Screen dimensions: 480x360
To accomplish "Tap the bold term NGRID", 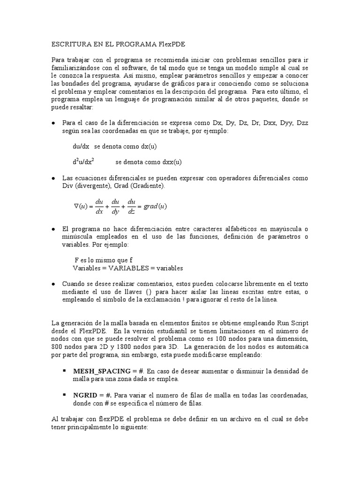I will click(x=85, y=395).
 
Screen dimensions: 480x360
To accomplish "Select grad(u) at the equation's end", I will click(x=156, y=206).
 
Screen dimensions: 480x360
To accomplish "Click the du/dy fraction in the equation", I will click(x=115, y=206).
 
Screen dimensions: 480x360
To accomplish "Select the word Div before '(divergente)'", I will click(x=68, y=186).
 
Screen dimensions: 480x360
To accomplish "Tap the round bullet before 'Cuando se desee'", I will click(x=53, y=284).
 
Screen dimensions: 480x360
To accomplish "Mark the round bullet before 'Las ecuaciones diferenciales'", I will click(x=53, y=179).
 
